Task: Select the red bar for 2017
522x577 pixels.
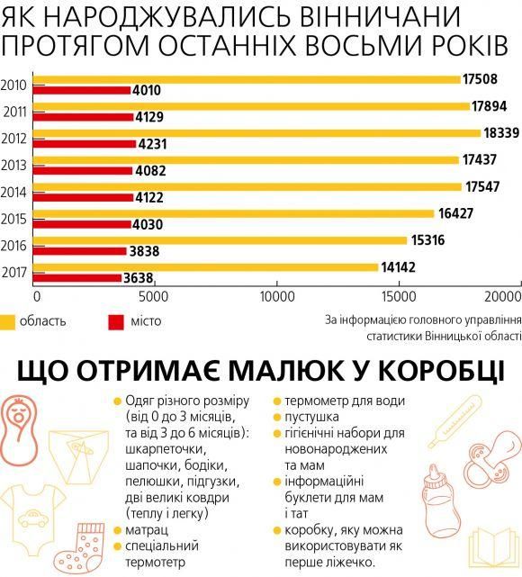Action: pos(77,278)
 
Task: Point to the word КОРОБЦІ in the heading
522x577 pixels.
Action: pos(418,371)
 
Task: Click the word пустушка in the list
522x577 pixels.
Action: pos(311,418)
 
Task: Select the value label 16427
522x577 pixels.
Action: pos(454,213)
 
